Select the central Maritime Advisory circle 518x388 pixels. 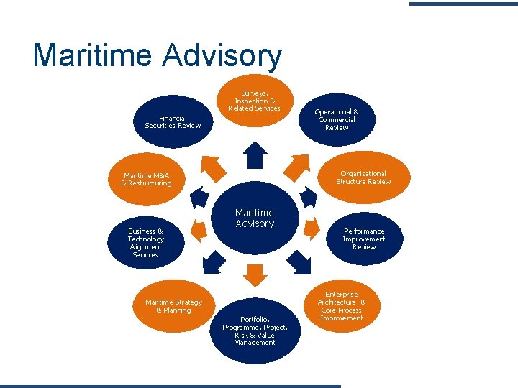[255, 219]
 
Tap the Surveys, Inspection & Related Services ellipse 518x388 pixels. [255, 101]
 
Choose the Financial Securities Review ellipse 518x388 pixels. [173, 121]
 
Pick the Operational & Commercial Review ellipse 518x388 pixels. [337, 119]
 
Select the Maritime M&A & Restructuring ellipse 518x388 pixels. [147, 178]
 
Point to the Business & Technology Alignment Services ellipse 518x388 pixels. [145, 243]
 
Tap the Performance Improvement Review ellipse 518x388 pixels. [363, 239]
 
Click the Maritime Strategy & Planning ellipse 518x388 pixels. [173, 306]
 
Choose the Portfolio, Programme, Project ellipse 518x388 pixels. [255, 330]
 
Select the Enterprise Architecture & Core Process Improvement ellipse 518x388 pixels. [342, 306]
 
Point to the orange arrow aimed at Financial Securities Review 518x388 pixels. [209, 166]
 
